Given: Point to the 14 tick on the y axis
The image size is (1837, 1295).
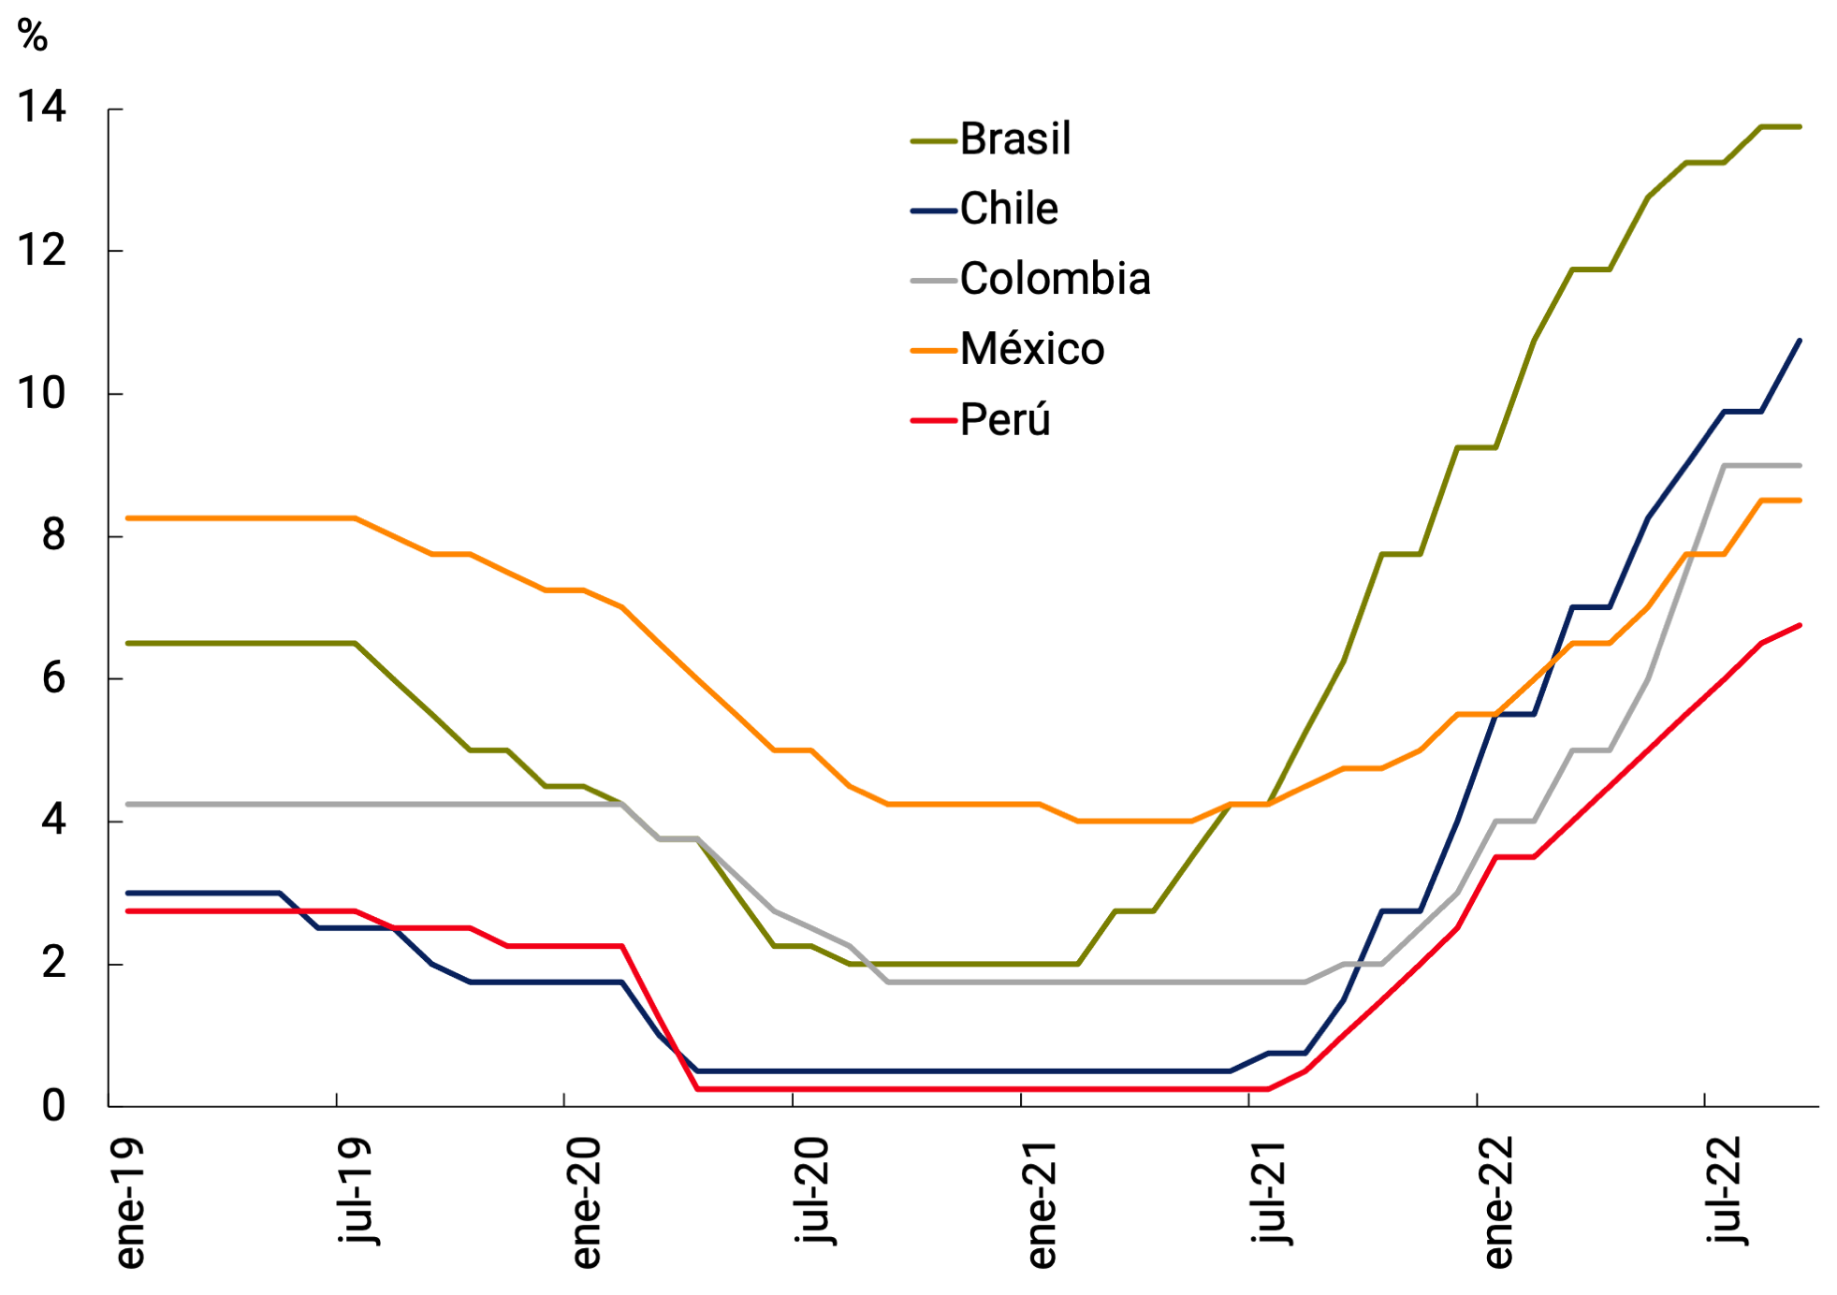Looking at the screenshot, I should tap(42, 107).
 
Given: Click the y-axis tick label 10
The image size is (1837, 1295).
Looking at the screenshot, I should tap(42, 393).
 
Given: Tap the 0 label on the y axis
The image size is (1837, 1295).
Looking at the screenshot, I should tap(54, 1106).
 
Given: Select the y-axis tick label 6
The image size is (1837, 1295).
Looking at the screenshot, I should tap(54, 678).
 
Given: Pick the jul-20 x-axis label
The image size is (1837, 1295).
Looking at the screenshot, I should tap(812, 1190).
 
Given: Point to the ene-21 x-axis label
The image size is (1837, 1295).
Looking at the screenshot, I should tap(1041, 1203).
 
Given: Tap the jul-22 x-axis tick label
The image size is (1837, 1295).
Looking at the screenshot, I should tap(1725, 1190).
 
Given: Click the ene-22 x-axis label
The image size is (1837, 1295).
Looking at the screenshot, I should tap(1497, 1203).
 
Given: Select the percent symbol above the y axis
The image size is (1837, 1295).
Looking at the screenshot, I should tap(33, 36).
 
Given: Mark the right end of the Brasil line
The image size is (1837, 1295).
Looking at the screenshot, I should tap(1800, 126).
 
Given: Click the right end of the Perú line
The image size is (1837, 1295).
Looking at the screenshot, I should tap(1800, 625).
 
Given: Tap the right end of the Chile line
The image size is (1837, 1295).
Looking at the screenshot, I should tap(1800, 341).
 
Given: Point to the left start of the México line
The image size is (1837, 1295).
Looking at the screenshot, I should tap(128, 517).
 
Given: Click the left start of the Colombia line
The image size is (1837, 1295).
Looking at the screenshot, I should tap(128, 804).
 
